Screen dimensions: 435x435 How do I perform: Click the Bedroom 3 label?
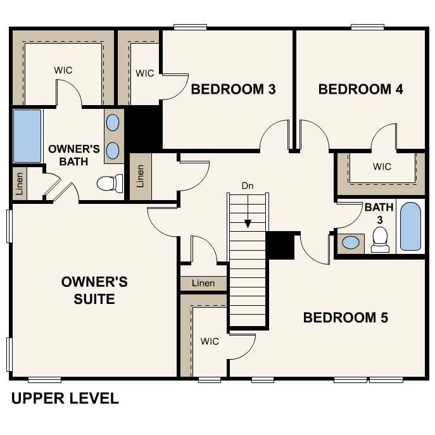[x=233, y=89]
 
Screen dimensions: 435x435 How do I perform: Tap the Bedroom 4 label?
[x=361, y=89]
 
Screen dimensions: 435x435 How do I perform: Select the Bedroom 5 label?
[x=345, y=318]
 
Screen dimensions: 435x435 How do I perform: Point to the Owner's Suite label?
[x=94, y=291]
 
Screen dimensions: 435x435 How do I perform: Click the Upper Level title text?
[x=65, y=398]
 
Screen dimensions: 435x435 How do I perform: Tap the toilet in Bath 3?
[x=380, y=240]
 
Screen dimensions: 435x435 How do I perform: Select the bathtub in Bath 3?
[x=410, y=227]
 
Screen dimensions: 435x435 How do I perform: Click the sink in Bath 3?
[x=351, y=243]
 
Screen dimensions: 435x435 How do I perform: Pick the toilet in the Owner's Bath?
[x=110, y=184]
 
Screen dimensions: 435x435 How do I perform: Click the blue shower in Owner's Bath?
[x=27, y=136]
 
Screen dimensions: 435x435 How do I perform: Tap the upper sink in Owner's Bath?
[x=113, y=123]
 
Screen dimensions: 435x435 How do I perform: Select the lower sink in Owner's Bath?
[x=113, y=151]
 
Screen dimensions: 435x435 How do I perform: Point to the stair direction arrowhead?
[x=248, y=224]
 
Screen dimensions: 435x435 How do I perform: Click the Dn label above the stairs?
[x=248, y=186]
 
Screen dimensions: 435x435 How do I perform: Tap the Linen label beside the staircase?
[x=203, y=283]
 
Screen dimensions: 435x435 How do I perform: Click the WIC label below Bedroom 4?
[x=382, y=167]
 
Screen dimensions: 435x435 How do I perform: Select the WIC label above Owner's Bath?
[x=63, y=70]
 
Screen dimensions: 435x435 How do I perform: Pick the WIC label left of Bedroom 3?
[x=145, y=73]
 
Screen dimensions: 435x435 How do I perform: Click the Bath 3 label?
[x=379, y=213]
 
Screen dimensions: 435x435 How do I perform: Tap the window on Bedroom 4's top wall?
[x=368, y=27]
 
